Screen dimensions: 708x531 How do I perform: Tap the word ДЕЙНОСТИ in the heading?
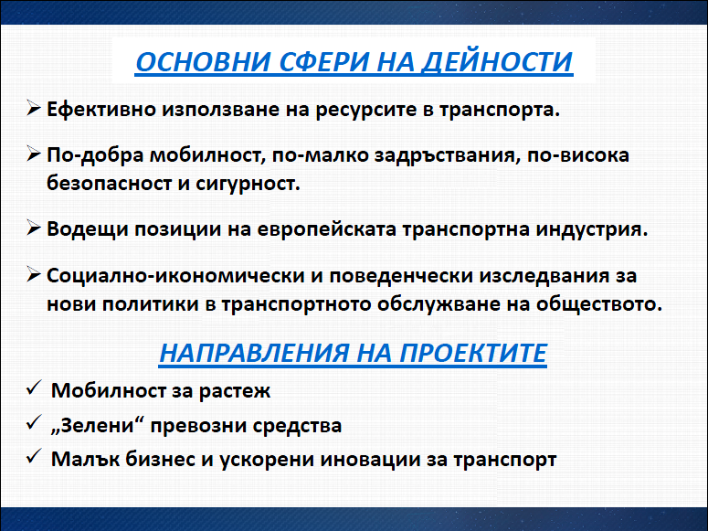[497, 62]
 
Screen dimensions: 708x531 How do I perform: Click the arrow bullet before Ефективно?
[34, 109]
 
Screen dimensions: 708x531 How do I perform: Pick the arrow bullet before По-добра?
[34, 154]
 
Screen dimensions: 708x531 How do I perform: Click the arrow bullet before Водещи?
[34, 228]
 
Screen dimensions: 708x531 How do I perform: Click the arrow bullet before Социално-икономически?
[34, 274]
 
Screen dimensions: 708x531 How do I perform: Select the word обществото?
[598, 304]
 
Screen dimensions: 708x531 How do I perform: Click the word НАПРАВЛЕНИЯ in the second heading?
[254, 353]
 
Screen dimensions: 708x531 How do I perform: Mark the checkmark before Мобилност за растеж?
[34, 388]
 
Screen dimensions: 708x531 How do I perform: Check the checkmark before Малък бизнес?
[34, 456]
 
